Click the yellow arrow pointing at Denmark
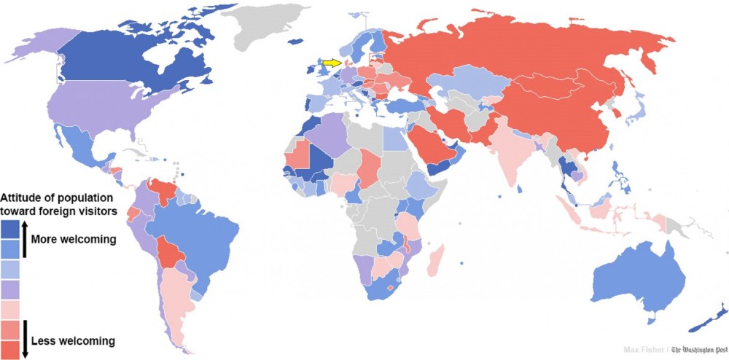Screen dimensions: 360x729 (332, 63)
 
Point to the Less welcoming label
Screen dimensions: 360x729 (73, 340)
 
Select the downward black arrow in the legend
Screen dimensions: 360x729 (25, 339)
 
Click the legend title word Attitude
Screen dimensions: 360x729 (24, 197)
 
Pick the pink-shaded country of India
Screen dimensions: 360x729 (510, 157)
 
